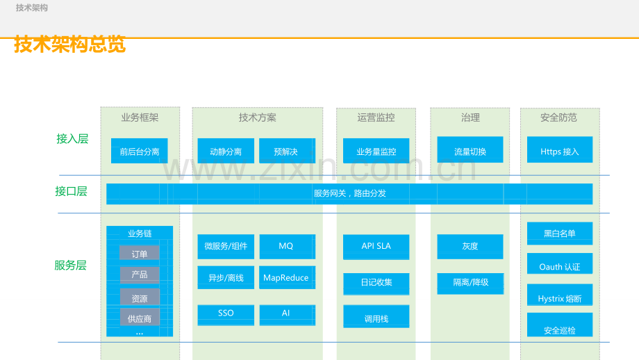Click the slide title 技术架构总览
click(x=69, y=44)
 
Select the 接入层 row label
click(x=72, y=138)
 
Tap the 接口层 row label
click(x=72, y=191)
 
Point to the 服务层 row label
click(x=70, y=265)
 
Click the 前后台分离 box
click(x=139, y=151)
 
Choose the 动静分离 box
click(x=225, y=151)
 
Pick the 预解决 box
click(x=286, y=151)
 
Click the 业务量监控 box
click(x=376, y=151)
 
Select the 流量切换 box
click(x=470, y=151)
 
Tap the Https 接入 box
click(x=559, y=151)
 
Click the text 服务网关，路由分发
click(x=349, y=193)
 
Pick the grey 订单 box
click(x=139, y=254)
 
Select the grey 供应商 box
click(x=139, y=318)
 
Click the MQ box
click(x=286, y=246)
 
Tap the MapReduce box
click(x=286, y=278)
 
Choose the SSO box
click(x=226, y=313)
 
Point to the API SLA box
click(x=376, y=246)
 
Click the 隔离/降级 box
click(x=470, y=282)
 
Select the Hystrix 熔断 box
click(x=559, y=298)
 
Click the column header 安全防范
click(x=558, y=117)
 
